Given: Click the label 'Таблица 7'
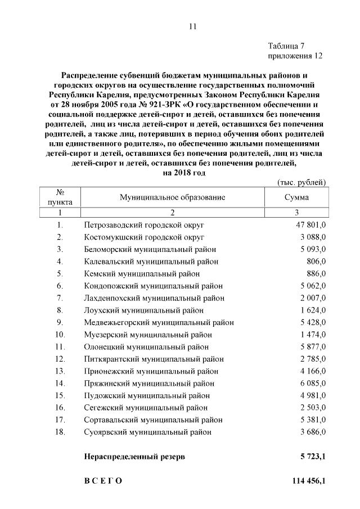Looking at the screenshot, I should [287, 46].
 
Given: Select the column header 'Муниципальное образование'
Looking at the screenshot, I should [172, 197].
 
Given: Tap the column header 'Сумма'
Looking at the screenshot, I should [297, 197].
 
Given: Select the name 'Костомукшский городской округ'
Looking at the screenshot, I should [144, 237].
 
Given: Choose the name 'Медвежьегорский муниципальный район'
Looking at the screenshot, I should [159, 322].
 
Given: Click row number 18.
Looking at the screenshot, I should [60, 432].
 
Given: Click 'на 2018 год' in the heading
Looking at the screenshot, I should [183, 173].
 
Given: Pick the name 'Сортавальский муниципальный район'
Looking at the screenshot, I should [153, 420].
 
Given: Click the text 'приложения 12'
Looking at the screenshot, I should [295, 56].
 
